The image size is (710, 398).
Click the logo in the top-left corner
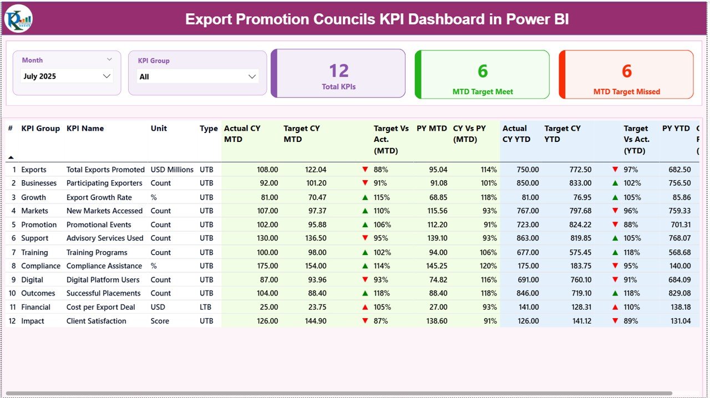(18, 19)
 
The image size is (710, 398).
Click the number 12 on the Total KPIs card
(338, 71)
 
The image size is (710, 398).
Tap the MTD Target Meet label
(483, 92)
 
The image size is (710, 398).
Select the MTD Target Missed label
(626, 92)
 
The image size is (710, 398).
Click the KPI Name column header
(85, 129)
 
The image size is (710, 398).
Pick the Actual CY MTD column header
(242, 134)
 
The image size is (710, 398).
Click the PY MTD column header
(432, 129)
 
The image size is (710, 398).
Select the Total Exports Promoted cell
(105, 170)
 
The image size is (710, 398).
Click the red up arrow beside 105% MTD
(365, 307)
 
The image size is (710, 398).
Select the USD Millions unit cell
(172, 170)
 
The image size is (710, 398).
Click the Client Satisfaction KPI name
(96, 321)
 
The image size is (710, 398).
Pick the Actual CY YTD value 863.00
(527, 238)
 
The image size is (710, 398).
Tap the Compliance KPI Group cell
(41, 266)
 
